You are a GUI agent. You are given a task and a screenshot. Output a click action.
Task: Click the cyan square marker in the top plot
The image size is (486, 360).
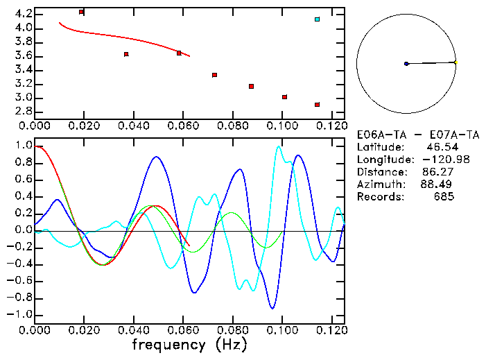[317, 19]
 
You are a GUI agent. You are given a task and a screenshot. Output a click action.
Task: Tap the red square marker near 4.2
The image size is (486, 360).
[82, 12]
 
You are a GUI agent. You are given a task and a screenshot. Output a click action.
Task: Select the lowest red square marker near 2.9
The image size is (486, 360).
[317, 105]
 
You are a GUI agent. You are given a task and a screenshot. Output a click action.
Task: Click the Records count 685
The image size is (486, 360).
[444, 197]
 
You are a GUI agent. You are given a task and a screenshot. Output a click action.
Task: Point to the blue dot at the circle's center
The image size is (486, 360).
[406, 64]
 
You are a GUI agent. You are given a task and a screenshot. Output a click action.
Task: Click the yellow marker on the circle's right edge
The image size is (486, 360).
[455, 62]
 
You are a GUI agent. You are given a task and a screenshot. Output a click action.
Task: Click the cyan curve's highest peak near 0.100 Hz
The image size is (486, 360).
[279, 146]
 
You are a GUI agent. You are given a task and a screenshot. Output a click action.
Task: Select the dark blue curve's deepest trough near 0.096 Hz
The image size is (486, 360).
[273, 308]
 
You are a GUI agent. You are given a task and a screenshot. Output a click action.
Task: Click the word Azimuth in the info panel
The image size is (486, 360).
[379, 185]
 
